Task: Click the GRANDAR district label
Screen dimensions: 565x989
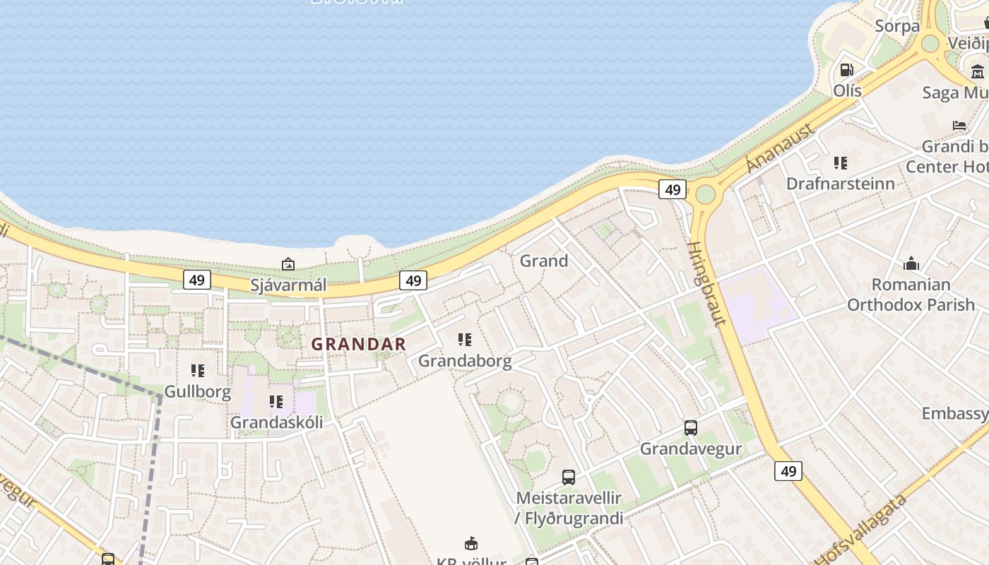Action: coord(359,345)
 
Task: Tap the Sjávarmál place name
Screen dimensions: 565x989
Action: coord(288,285)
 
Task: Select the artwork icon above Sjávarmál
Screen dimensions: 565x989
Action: coord(288,264)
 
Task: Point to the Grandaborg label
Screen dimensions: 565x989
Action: coord(465,361)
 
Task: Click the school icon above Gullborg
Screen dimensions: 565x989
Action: coord(198,370)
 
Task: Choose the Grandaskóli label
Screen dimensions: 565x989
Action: coord(276,422)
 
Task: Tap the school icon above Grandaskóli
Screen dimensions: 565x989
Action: coord(276,402)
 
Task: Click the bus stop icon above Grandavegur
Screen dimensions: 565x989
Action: coord(691,427)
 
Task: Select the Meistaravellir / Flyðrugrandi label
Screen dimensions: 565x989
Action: coord(569,508)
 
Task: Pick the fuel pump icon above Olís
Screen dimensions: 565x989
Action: coord(846,70)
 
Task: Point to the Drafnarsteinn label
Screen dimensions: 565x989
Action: coord(841,184)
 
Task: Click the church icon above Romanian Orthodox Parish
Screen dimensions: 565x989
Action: coord(911,264)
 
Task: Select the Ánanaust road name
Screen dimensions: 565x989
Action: coord(780,148)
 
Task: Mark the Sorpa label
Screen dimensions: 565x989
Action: coord(897,26)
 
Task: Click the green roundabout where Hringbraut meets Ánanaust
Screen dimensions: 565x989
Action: coord(705,194)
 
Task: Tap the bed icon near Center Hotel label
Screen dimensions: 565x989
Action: coord(959,126)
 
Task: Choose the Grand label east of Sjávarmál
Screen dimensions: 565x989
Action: coord(544,261)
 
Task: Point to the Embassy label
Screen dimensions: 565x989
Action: coord(954,413)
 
